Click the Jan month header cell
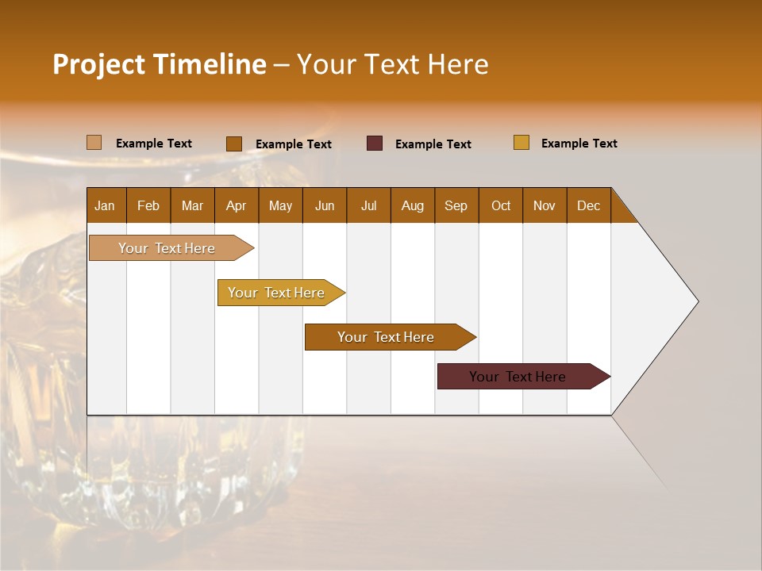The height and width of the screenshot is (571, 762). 106,205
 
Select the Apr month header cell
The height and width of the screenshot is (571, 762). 237,205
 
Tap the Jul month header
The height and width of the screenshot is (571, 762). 368,205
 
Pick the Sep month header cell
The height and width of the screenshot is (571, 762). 456,205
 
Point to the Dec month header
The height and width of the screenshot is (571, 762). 588,205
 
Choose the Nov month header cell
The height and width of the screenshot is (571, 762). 545,205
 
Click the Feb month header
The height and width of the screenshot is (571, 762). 148,205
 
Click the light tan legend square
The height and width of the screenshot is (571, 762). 94,143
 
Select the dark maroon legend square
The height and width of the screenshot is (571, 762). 375,144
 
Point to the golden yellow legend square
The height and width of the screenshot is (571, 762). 521,143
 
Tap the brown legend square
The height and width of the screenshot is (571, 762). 234,144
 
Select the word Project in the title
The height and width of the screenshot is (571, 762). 98,64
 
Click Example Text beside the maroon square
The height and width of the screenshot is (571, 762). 433,144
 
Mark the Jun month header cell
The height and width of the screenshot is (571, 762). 325,205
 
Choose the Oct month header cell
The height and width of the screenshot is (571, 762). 501,205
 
